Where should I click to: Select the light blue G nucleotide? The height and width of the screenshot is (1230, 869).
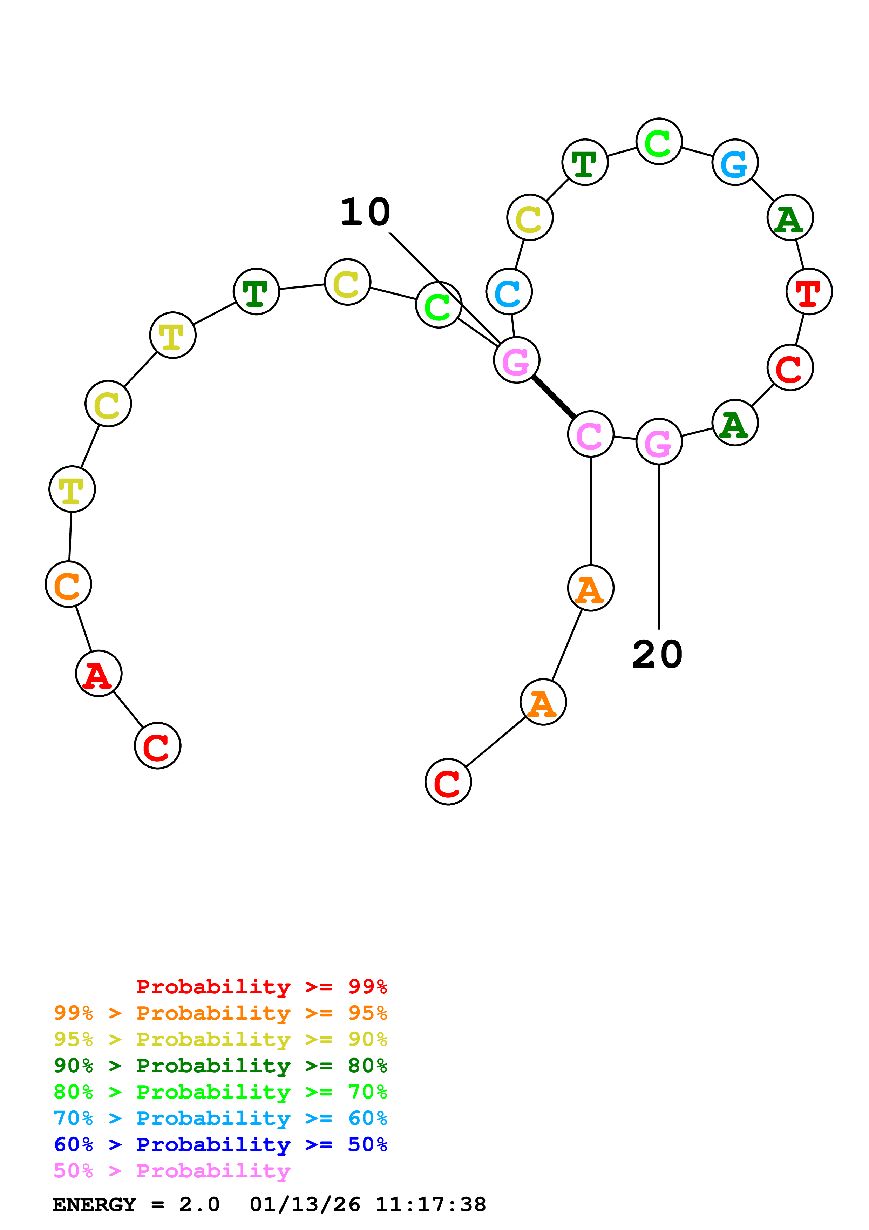coord(735,162)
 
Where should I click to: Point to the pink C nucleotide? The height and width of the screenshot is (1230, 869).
coord(591,434)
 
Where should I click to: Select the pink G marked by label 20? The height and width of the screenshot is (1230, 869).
coord(659,442)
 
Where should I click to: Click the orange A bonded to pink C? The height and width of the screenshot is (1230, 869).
coord(591,588)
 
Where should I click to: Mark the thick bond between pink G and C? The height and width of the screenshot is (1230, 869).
coord(554,397)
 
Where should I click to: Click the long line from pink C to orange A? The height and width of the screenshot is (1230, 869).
coord(591,512)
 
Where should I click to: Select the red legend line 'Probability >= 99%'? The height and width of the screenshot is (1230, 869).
coord(261,986)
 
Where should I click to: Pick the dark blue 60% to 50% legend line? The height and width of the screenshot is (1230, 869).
coord(220,1144)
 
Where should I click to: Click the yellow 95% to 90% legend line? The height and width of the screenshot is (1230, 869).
coord(220,1039)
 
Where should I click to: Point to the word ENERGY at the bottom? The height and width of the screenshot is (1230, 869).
coord(94,1205)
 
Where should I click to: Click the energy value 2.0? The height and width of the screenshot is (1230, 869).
coord(199,1205)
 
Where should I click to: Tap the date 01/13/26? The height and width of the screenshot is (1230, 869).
coord(305,1205)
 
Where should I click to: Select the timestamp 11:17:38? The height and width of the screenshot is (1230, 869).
coord(430,1205)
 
